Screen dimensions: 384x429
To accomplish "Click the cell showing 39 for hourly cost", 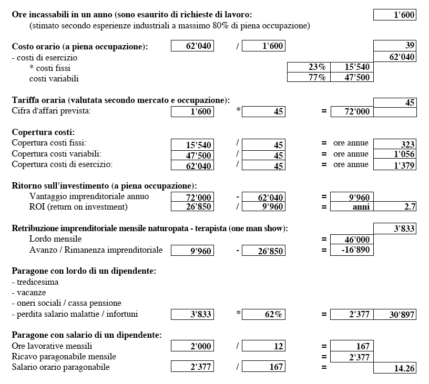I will pyautogui.click(x=394, y=46).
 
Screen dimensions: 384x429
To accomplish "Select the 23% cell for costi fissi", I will pyautogui.click(x=309, y=67).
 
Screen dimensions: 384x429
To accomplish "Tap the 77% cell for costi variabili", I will pyautogui.click(x=309, y=78).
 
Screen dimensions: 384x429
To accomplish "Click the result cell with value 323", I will pyautogui.click(x=394, y=144).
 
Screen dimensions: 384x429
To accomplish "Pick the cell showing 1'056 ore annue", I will pyautogui.click(x=394, y=154).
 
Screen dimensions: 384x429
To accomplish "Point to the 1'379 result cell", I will pyautogui.click(x=394, y=165).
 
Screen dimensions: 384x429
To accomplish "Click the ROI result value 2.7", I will pyautogui.click(x=394, y=207).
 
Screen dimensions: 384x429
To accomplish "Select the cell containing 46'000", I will pyautogui.click(x=352, y=240).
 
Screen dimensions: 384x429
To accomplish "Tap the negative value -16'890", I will pyautogui.click(x=352, y=250).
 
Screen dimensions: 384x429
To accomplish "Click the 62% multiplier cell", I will pyautogui.click(x=263, y=315).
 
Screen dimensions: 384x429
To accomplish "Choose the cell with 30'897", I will pyautogui.click(x=394, y=315).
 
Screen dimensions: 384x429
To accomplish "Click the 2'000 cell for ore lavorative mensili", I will pyautogui.click(x=192, y=346).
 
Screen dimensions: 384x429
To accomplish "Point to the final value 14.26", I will pyautogui.click(x=394, y=368).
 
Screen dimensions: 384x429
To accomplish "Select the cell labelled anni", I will pyautogui.click(x=352, y=207).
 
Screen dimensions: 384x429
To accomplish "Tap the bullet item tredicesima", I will pyautogui.click(x=35, y=282).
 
